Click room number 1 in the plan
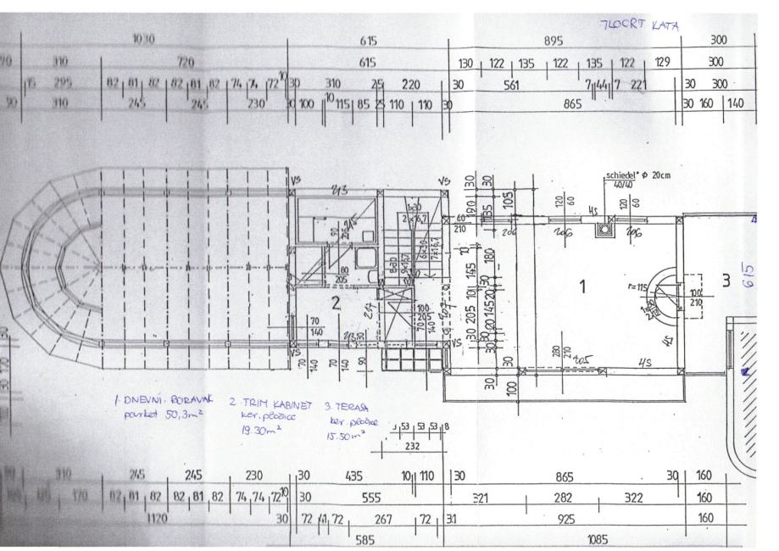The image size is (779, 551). pyautogui.click(x=581, y=288)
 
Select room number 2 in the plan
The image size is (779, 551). pyautogui.click(x=336, y=303)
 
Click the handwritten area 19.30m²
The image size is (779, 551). pyautogui.click(x=259, y=430)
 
